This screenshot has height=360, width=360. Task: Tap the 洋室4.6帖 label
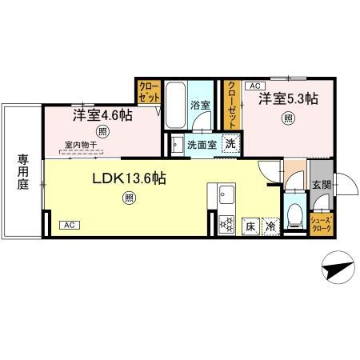103,115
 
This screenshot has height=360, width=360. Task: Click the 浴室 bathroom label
200,105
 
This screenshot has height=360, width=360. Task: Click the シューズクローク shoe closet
321,224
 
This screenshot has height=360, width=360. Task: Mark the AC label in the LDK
69,225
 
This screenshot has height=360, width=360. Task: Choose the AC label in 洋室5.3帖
255,86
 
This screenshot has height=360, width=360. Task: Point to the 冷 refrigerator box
271,226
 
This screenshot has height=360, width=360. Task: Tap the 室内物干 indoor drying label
81,145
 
